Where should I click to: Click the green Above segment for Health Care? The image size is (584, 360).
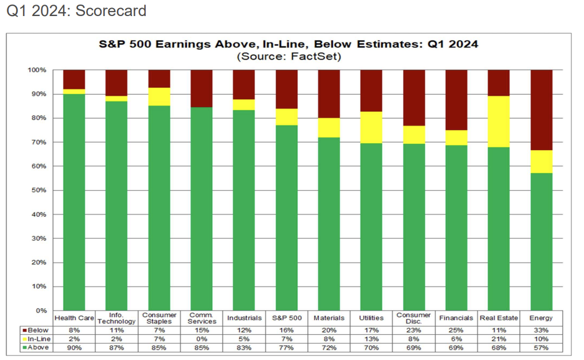[73, 201]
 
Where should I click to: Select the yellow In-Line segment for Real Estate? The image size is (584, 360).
[499, 122]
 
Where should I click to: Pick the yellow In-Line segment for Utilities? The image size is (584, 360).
[371, 127]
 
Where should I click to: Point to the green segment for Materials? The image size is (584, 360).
[329, 224]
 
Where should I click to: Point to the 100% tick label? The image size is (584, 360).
[38, 70]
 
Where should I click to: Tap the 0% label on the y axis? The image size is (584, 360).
[41, 310]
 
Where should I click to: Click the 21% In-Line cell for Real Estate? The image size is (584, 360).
[499, 339]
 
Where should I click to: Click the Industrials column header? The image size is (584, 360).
[244, 318]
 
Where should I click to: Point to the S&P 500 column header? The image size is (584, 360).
[286, 318]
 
